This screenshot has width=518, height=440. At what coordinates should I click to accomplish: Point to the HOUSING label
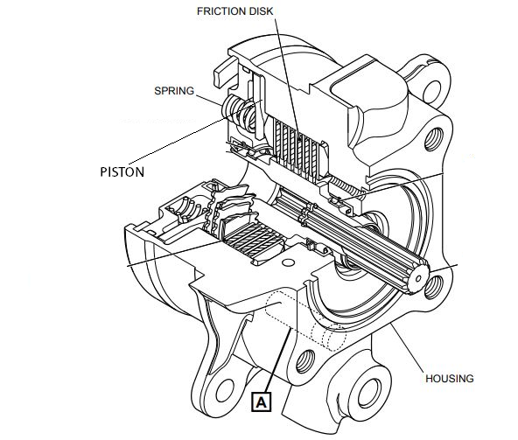click(x=449, y=379)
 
